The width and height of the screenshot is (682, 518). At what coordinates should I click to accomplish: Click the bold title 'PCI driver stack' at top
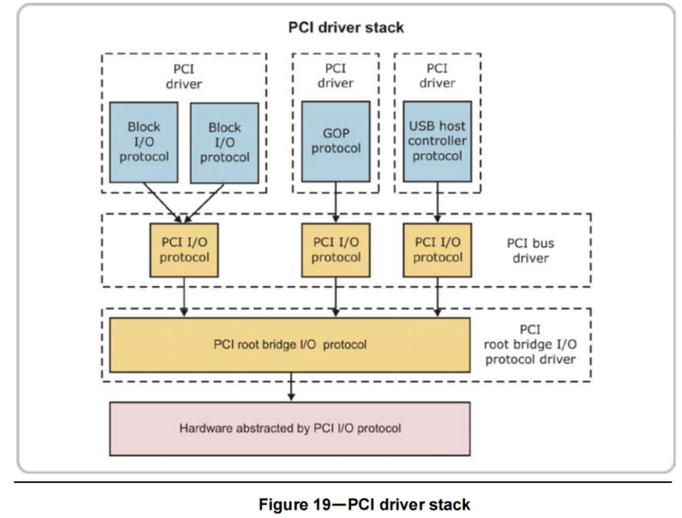tap(346, 27)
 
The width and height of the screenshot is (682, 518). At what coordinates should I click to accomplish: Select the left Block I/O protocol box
tap(144, 141)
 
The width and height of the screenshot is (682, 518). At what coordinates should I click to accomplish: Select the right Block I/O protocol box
tap(225, 142)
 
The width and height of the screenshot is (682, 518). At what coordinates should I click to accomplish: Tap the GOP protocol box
tap(336, 141)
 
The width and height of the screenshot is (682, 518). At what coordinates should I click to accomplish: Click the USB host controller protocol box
tap(437, 141)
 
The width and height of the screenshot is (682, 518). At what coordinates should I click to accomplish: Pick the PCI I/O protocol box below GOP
tap(336, 249)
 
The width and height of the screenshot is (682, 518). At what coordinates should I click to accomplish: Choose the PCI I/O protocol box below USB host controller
tap(438, 249)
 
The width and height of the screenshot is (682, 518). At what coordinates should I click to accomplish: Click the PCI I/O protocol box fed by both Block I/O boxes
tap(183, 249)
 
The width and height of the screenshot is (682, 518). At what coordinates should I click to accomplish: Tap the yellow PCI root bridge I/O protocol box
tap(290, 344)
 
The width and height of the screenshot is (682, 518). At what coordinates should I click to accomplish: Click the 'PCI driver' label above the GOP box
tap(336, 75)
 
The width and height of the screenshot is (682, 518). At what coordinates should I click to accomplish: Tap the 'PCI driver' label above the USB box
tap(437, 75)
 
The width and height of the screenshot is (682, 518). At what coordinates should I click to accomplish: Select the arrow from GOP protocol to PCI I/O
tap(336, 202)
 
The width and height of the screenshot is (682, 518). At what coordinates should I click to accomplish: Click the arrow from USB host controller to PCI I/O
tap(438, 202)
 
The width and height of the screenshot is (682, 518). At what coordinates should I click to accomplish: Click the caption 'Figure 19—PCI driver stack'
tap(364, 504)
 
